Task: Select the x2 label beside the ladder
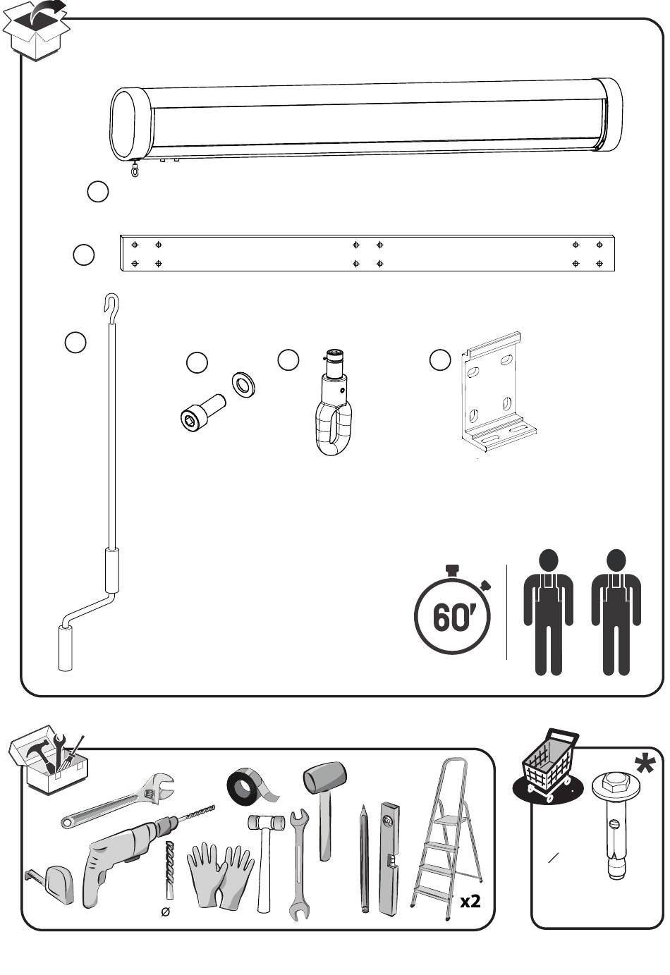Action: tap(470, 901)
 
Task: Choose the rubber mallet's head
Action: tap(324, 777)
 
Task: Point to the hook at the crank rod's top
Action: tap(110, 303)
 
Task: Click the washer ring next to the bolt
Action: tap(244, 385)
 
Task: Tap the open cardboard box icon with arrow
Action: tap(37, 30)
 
